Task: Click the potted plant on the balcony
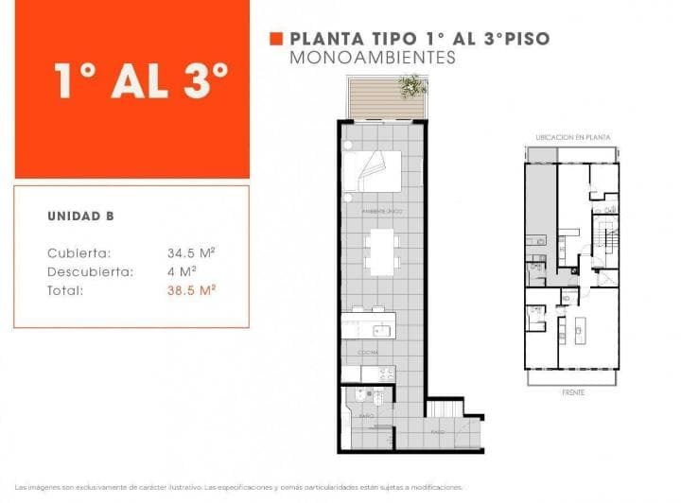pyautogui.click(x=410, y=86)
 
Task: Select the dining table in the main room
pyautogui.click(x=382, y=251)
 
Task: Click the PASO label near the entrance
pyautogui.click(x=437, y=431)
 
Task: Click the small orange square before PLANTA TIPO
pyautogui.click(x=276, y=39)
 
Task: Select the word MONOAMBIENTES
pyautogui.click(x=373, y=58)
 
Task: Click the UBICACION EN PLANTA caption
pyautogui.click(x=572, y=137)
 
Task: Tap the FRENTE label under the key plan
pyautogui.click(x=573, y=390)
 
